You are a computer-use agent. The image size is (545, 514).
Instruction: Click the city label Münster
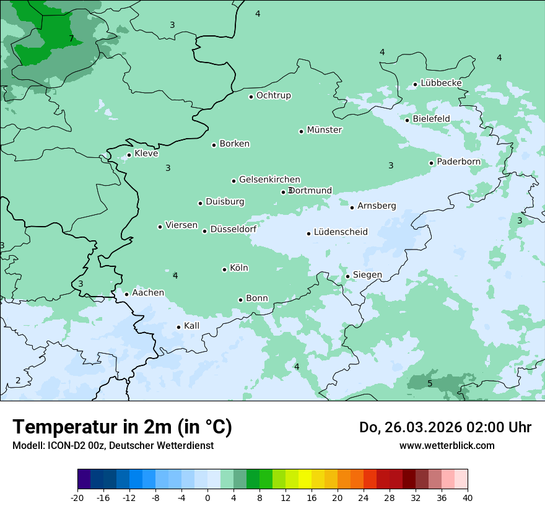324,130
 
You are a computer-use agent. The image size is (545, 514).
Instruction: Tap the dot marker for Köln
224,269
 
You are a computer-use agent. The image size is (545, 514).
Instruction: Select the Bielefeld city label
431,118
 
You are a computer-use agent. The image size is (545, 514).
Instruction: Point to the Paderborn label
458,162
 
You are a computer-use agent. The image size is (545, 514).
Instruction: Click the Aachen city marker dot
126,294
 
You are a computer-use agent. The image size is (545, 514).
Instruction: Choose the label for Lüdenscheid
341,232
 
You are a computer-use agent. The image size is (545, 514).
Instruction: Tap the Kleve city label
146,154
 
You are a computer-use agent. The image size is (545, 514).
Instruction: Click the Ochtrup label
273,95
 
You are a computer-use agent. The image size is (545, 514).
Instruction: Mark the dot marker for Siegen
347,276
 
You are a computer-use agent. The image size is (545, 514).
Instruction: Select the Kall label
191,326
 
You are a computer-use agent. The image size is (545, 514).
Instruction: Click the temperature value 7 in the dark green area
71,39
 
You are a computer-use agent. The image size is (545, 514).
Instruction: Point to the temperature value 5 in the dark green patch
430,384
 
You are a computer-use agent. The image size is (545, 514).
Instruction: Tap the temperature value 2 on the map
18,380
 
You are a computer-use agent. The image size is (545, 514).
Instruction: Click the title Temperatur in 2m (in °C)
123,427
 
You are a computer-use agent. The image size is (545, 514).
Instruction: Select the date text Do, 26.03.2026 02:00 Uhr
445,427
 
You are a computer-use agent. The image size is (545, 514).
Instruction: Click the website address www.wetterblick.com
447,445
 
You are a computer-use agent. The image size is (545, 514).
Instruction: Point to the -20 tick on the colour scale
77,497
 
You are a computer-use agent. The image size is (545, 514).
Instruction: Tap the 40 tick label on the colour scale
468,497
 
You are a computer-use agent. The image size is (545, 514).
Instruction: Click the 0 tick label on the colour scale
207,497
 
